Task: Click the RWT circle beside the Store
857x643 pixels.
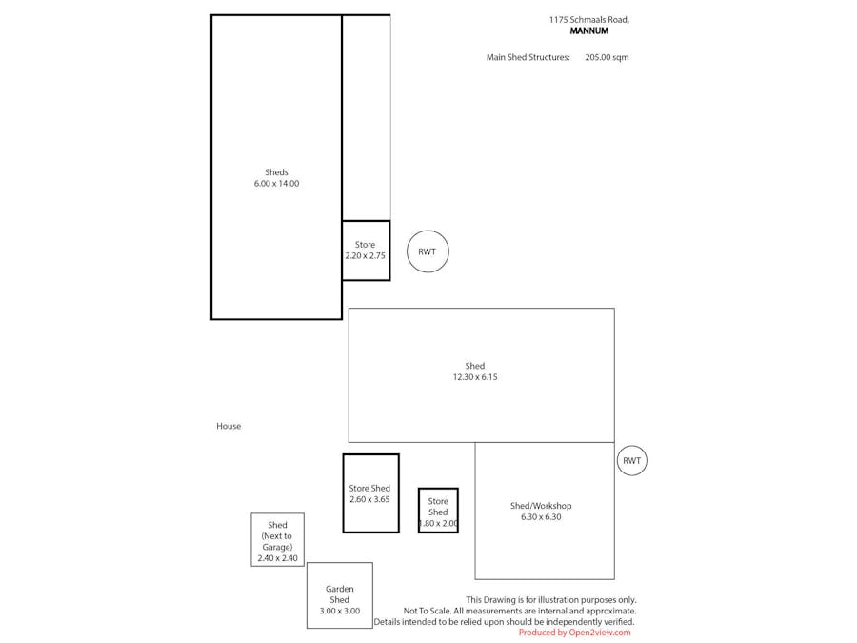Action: (428, 252)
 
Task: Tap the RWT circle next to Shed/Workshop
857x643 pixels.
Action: (631, 461)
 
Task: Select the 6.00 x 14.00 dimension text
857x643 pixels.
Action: (276, 184)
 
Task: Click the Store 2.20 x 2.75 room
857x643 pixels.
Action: (366, 251)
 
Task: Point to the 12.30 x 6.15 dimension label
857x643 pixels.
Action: (475, 377)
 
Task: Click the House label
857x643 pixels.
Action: (229, 427)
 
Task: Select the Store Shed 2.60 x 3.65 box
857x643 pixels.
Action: (370, 493)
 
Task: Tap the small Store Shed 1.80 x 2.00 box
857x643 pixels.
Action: (438, 512)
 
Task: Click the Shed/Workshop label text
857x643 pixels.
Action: (541, 506)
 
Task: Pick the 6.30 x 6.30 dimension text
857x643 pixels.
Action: (541, 517)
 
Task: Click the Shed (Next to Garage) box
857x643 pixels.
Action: (277, 540)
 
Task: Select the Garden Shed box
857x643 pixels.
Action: (339, 595)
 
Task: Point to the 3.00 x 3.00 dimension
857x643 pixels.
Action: (339, 612)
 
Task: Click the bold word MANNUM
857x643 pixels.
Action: (588, 31)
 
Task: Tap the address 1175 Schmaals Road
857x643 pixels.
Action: (588, 19)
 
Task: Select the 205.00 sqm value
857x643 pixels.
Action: (607, 57)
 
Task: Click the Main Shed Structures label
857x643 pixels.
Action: (528, 57)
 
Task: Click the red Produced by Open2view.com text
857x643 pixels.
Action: (574, 633)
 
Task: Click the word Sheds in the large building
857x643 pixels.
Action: (276, 172)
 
